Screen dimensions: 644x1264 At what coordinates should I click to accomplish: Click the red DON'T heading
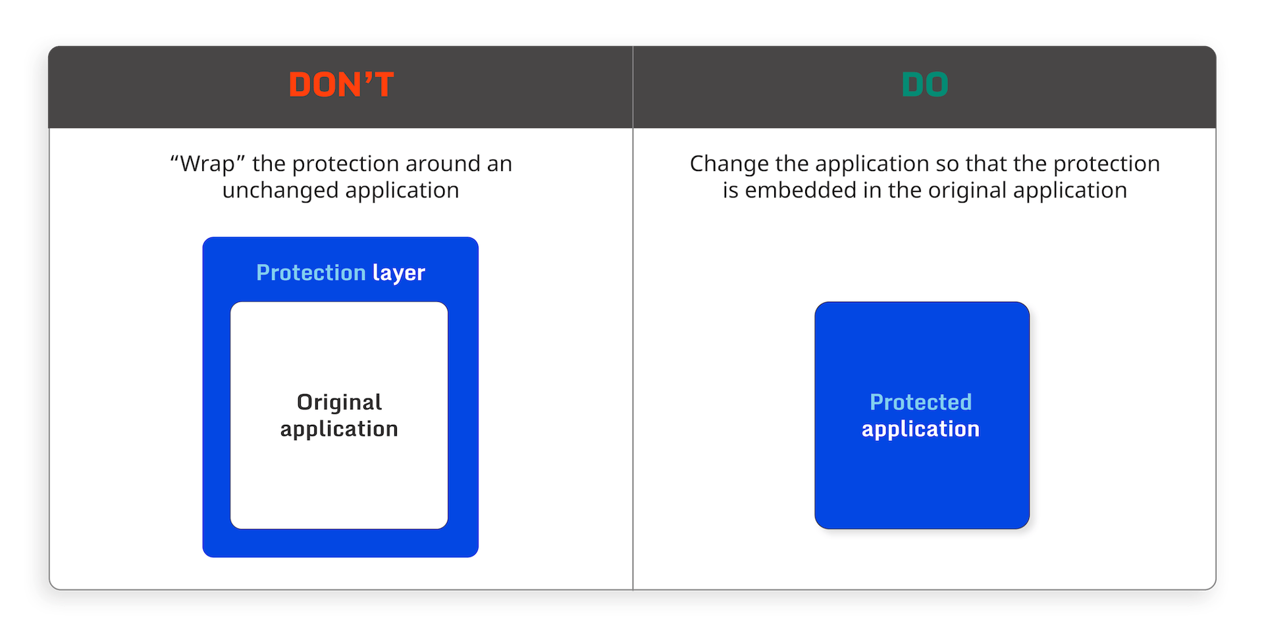pos(341,85)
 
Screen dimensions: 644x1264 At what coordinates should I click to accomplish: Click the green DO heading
pos(924,85)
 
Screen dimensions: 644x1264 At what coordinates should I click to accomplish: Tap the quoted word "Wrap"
pos(208,163)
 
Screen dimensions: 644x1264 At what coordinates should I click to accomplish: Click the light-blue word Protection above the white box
pos(311,272)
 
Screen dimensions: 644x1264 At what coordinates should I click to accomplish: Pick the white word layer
pos(399,273)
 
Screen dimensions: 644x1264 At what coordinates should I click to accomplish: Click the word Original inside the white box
pos(340,402)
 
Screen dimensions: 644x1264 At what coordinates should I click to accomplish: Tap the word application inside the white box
pos(339,429)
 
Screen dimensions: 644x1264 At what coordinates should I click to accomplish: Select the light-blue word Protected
pos(920,402)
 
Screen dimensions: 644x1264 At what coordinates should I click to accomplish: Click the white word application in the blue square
pos(920,429)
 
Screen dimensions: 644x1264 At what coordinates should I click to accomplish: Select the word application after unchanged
pos(402,191)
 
